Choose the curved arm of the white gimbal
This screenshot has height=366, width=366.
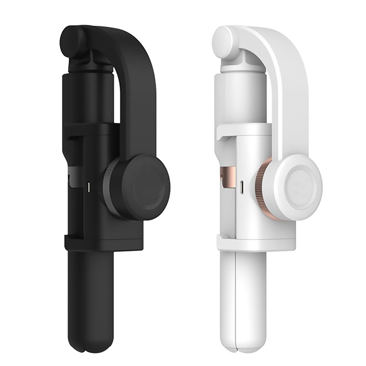pyautogui.click(x=289, y=91)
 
